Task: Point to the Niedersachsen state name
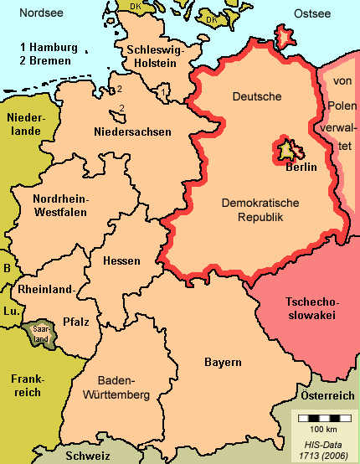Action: pos(132,131)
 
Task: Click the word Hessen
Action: pos(121,261)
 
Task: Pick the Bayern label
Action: pos(223,362)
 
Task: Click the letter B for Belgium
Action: pos(8,269)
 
